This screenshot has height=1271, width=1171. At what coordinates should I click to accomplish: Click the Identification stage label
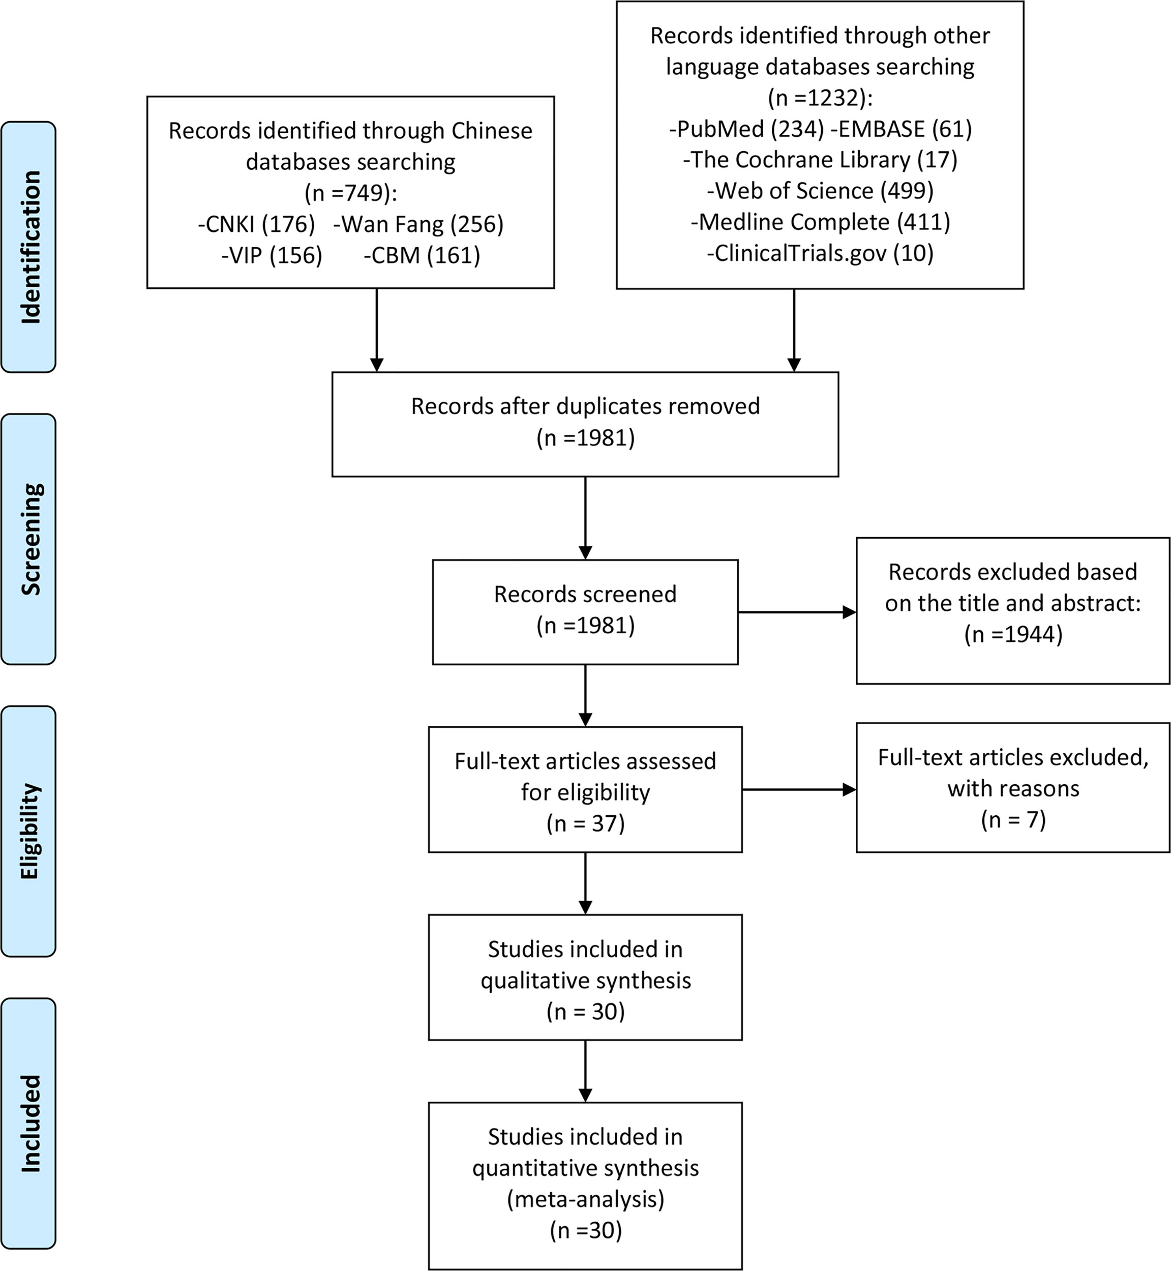click(31, 247)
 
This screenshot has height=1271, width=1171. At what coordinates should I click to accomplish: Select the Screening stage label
click(31, 539)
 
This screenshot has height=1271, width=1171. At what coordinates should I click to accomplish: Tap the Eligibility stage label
click(31, 831)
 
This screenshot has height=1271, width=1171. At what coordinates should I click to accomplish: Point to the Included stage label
click(31, 1124)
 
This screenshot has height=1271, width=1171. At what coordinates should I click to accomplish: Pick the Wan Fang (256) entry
click(418, 224)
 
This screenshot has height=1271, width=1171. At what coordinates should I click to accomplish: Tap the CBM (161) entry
click(422, 255)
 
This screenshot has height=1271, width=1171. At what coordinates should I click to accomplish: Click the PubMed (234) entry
click(746, 129)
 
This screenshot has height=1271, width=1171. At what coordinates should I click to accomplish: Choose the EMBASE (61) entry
click(901, 129)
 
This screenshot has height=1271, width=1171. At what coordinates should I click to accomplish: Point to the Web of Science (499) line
click(820, 190)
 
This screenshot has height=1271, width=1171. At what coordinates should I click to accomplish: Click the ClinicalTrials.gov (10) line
click(820, 253)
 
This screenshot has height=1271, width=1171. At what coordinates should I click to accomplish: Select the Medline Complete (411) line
click(820, 222)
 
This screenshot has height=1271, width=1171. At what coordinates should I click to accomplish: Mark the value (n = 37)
click(586, 823)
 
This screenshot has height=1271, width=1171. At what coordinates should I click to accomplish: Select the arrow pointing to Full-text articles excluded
click(799, 789)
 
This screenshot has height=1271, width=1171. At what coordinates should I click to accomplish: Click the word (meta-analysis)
click(586, 1199)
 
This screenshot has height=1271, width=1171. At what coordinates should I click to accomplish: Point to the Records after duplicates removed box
click(585, 424)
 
